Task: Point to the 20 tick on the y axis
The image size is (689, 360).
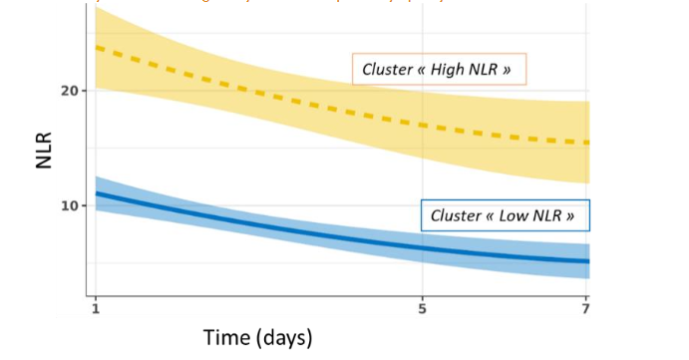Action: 71,91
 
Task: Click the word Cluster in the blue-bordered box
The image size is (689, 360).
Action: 459,215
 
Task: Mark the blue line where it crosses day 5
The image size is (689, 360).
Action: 423,247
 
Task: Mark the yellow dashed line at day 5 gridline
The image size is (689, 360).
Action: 423,125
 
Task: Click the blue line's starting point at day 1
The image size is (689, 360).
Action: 96,192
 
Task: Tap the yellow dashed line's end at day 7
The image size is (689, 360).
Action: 587,143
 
